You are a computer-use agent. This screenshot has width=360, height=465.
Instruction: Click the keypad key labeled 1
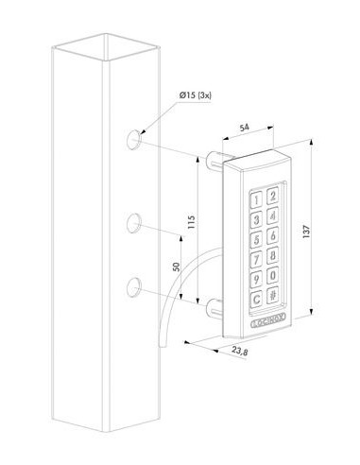tap(256, 199)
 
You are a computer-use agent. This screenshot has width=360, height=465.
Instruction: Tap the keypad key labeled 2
tap(273, 196)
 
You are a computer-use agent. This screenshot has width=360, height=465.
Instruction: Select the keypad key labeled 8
tap(273, 254)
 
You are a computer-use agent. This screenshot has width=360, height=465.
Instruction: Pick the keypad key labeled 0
tap(273, 275)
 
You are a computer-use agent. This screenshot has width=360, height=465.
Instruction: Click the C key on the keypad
tap(256, 299)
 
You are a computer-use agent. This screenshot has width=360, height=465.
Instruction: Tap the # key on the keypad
tap(273, 295)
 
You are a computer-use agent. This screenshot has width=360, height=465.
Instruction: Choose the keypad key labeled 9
tap(256, 279)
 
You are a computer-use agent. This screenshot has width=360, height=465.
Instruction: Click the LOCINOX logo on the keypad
tap(268, 322)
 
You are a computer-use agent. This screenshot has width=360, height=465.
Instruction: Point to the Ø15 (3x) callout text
tap(196, 95)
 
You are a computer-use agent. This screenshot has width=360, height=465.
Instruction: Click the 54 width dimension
tap(244, 128)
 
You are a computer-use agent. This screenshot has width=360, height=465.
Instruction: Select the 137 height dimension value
tap(307, 232)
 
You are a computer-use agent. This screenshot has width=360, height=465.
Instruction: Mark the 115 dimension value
tap(191, 222)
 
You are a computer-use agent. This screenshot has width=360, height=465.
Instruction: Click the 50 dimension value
tap(177, 267)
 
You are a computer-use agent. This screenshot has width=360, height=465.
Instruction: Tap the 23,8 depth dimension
tap(239, 351)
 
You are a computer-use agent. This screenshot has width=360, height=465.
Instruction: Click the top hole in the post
tap(134, 139)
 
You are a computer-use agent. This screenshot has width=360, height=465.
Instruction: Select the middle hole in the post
tap(134, 223)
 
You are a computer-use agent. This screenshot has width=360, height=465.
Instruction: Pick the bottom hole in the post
tap(134, 287)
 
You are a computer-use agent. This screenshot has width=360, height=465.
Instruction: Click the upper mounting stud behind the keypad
tap(214, 160)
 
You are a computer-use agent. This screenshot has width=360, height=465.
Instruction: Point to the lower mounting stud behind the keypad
tap(214, 308)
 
